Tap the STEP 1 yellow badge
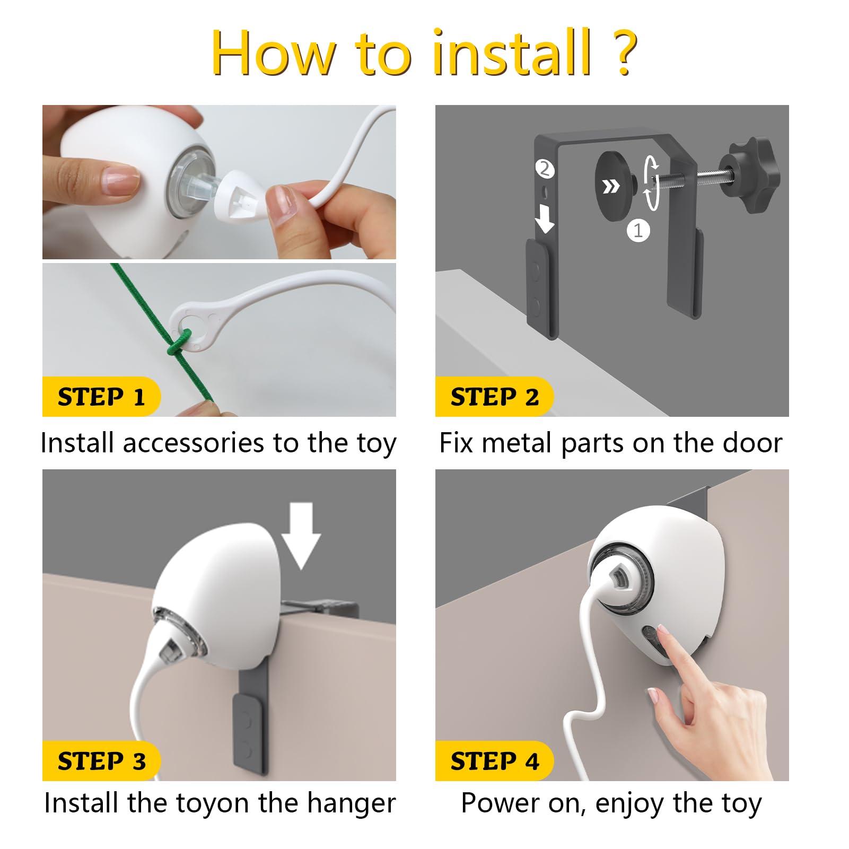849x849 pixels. [101, 397]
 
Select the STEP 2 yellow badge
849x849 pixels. [494, 397]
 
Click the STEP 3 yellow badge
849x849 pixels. [101, 761]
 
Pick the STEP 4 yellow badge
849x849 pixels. [494, 761]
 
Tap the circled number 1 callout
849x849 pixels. [638, 231]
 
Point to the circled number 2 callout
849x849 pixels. [544, 169]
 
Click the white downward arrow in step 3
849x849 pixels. [301, 536]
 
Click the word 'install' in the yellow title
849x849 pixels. [512, 52]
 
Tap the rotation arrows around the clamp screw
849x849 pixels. [652, 183]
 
